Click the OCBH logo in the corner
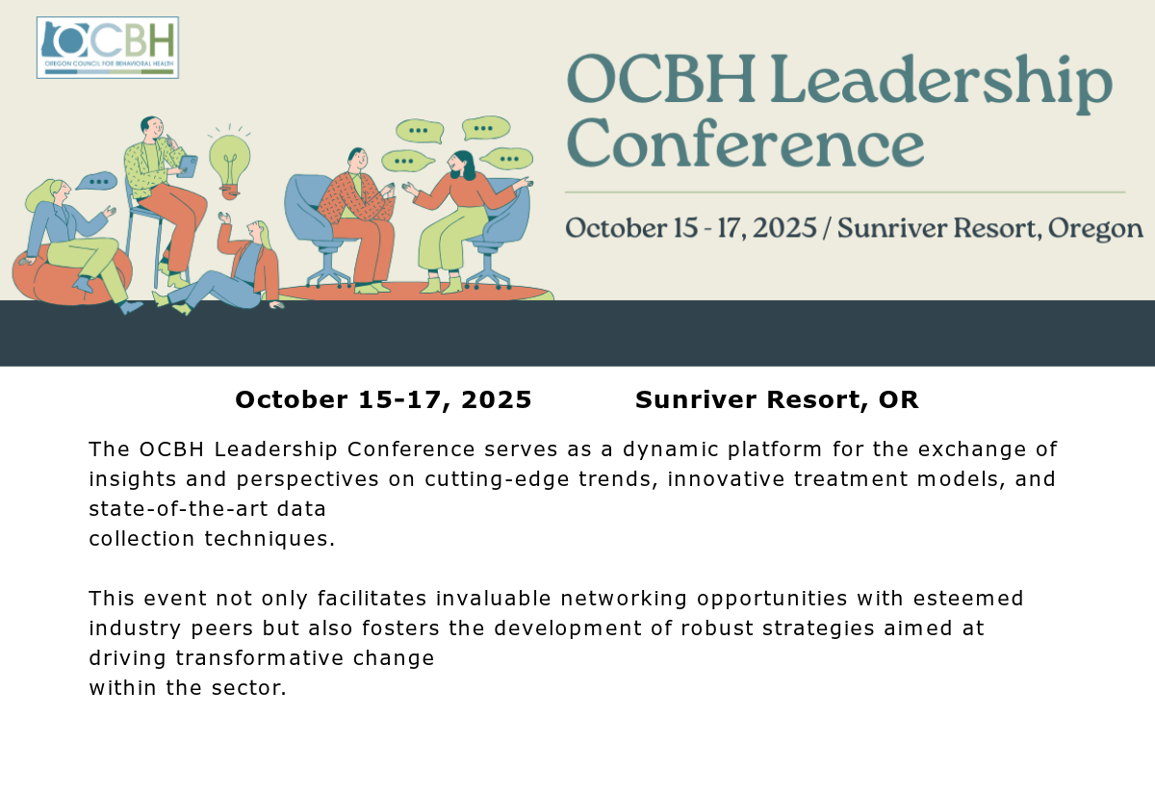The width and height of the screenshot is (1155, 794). coord(108,47)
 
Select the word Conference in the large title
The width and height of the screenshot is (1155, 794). coord(745,141)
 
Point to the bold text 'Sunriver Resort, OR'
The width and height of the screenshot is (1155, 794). coord(777,400)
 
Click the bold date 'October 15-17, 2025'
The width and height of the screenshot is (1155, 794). coord(383,400)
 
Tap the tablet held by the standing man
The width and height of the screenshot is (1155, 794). coord(187,166)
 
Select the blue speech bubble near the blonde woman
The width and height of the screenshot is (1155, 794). coord(97,181)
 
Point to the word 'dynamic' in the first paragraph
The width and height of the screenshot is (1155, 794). coord(671,449)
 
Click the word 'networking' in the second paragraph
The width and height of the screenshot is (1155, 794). coord(624,599)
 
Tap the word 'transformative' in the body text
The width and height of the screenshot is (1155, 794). coord(259,658)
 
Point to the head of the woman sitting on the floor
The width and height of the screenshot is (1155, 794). coord(259,232)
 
